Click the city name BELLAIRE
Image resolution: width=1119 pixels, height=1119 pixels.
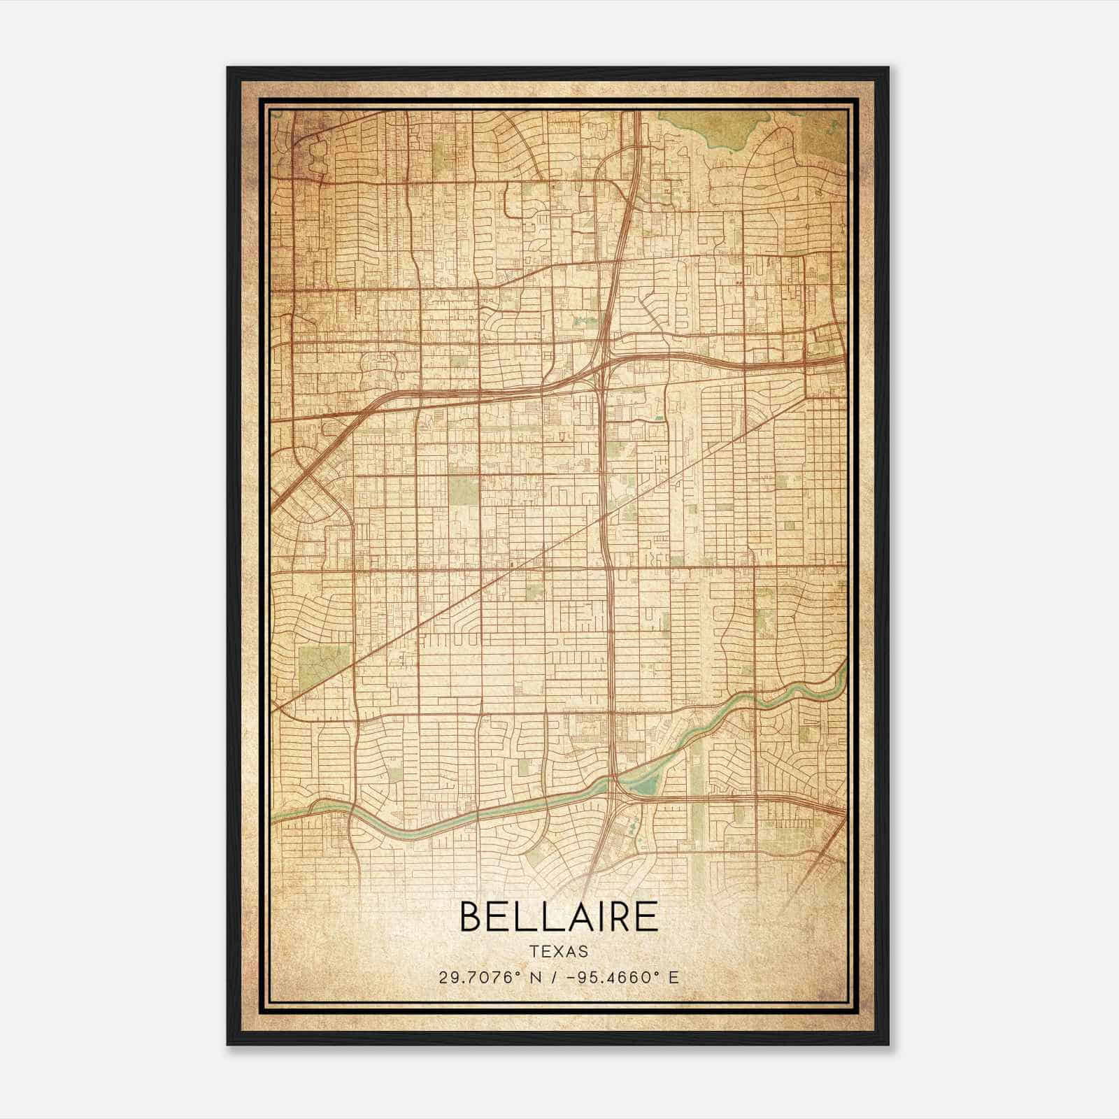click(x=559, y=917)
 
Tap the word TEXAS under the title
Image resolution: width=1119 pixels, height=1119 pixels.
click(x=559, y=951)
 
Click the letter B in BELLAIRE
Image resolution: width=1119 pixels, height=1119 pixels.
click(x=471, y=917)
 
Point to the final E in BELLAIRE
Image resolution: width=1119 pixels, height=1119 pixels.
click(x=647, y=917)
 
